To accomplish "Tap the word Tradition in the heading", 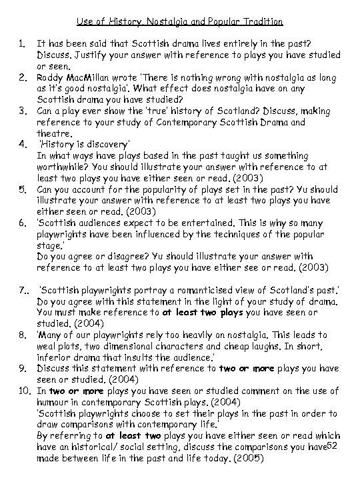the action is [259, 21].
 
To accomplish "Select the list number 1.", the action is [21, 44].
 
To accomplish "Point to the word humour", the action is [55, 402].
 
